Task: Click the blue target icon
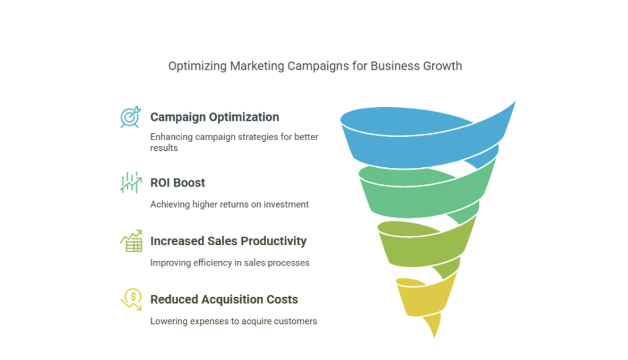[131, 117]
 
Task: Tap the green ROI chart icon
[131, 183]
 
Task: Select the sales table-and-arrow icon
[131, 241]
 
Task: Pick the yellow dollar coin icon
[131, 299]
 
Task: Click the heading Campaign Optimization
[215, 117]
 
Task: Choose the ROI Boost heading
[177, 183]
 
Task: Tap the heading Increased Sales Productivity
[228, 241]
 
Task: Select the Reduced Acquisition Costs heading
[224, 299]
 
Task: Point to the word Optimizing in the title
[198, 66]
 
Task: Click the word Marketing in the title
[257, 66]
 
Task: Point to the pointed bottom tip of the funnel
[434, 338]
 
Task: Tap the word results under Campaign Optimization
[164, 148]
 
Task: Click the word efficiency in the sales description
[213, 263]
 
